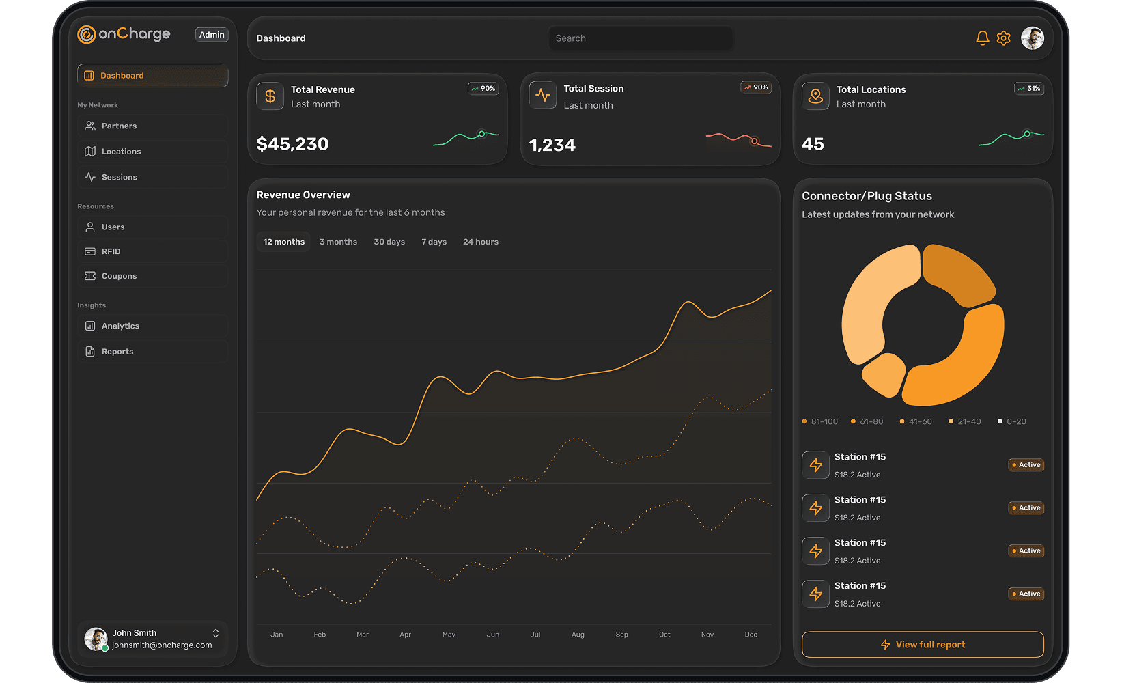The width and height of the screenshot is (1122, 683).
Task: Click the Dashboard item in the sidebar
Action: [152, 76]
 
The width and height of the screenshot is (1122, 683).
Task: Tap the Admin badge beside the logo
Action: [212, 35]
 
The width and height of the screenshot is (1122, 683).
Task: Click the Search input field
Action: [640, 38]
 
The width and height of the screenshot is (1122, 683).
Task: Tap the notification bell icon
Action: [982, 38]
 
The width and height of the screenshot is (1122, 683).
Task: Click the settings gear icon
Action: [1003, 38]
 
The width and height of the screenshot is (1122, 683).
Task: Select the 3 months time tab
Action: [338, 242]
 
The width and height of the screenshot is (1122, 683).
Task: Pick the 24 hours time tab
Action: [480, 242]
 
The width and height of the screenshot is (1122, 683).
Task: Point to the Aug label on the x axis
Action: [578, 635]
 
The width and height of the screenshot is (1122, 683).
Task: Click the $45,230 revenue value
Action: [292, 144]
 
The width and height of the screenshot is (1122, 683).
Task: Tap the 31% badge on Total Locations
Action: [1029, 89]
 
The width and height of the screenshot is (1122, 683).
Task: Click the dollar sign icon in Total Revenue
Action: [270, 96]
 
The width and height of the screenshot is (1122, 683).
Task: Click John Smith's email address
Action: [162, 645]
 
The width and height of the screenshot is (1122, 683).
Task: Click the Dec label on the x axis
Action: [751, 635]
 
